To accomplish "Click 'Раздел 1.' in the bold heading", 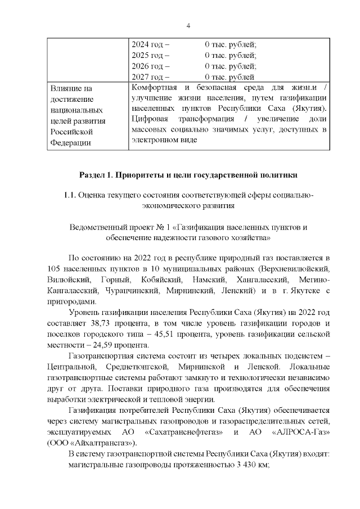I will pyautogui.click(x=97, y=174).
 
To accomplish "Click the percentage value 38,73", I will pyautogui.click(x=100, y=323).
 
